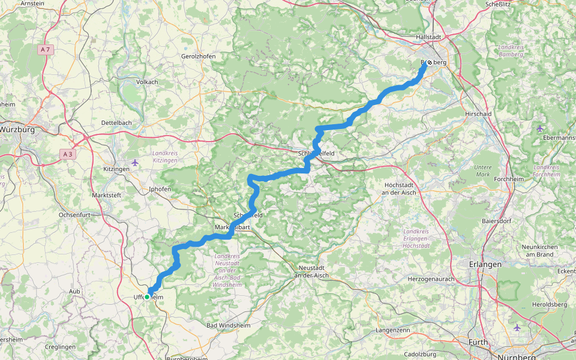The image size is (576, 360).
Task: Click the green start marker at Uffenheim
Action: [146, 296]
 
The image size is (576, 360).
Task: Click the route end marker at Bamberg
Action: [430, 62]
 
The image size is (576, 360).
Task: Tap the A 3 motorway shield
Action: [69, 154]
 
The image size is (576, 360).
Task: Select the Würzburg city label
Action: [17, 129]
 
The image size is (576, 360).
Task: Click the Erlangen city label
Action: [485, 264]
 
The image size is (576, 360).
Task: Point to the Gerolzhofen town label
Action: [198, 56]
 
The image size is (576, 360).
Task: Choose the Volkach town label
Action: [147, 82]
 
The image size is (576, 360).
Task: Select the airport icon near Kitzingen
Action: [134, 162]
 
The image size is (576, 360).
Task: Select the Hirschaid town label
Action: [479, 113]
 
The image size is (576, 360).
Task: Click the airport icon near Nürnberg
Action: [517, 328]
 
